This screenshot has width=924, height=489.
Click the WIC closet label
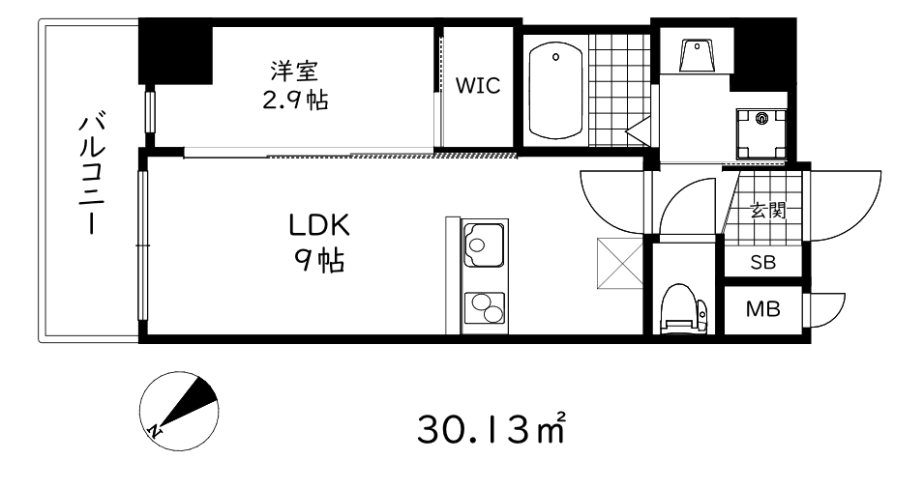pos(478,86)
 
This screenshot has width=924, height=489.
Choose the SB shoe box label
pos(761,262)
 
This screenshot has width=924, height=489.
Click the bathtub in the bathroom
pos(555,92)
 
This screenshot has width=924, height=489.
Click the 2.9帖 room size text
pos(293,99)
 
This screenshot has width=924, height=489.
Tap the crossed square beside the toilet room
pos(619,263)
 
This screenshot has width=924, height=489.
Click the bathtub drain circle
pos(556,57)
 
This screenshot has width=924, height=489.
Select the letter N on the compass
pos(155,430)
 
